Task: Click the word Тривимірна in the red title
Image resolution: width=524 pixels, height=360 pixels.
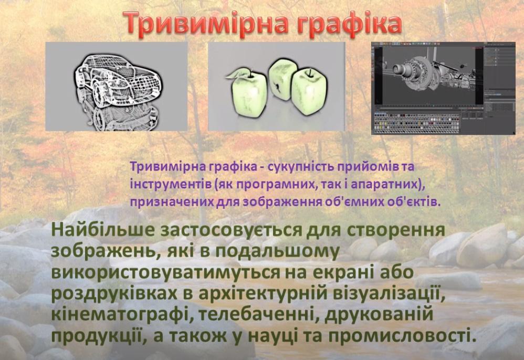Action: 206,23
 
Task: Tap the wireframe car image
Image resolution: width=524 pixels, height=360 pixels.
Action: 117,86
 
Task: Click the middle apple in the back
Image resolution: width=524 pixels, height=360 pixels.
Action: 282,79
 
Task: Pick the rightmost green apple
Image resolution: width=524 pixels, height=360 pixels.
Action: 308,91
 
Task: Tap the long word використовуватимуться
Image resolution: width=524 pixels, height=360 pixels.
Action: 165,272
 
